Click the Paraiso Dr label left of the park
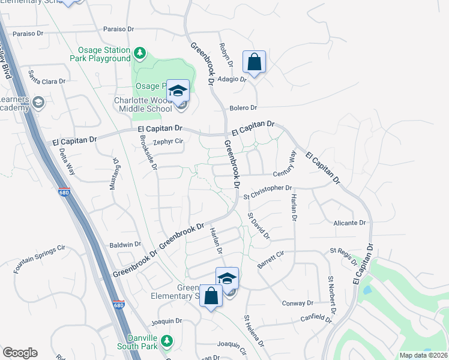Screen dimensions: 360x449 pyautogui.click(x=25, y=34)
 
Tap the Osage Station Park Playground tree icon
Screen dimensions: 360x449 pyautogui.click(x=139, y=53)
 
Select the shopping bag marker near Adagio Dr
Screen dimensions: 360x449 pyautogui.click(x=254, y=62)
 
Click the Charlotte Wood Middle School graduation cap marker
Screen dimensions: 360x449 pyautogui.click(x=178, y=91)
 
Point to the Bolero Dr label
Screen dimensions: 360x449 pyautogui.click(x=243, y=108)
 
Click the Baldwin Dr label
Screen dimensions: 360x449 pyautogui.click(x=125, y=245)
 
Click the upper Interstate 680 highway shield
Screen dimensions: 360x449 pyautogui.click(x=64, y=193)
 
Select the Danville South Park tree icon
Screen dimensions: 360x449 pyautogui.click(x=169, y=340)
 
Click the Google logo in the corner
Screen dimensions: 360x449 pyautogui.click(x=20, y=353)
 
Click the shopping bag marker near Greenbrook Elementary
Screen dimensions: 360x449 pyautogui.click(x=211, y=296)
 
